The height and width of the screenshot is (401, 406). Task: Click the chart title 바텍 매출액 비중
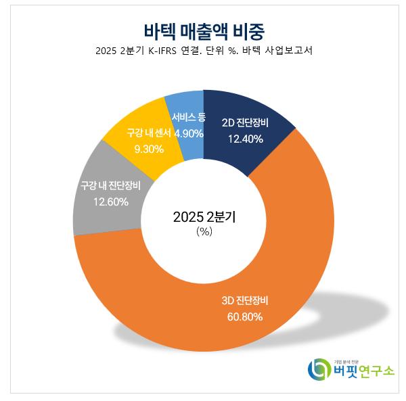pos(204,31)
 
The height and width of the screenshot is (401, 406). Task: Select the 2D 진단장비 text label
pos(246,123)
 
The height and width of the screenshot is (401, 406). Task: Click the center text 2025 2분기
pos(204,217)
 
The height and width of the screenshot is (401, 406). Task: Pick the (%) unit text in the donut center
pos(204,231)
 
